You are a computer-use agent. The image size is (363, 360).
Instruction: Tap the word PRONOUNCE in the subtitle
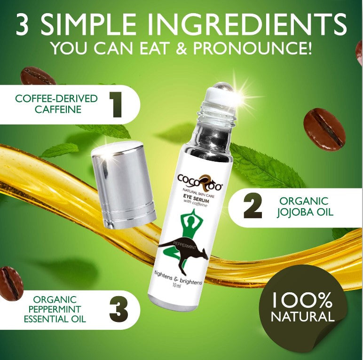click(252, 47)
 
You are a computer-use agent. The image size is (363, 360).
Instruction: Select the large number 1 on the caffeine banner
click(116, 105)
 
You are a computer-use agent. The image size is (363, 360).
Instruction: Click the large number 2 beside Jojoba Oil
click(253, 207)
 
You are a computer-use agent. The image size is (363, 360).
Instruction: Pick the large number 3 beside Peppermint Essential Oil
click(118, 310)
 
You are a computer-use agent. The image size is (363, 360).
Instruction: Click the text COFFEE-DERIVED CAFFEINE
click(56, 104)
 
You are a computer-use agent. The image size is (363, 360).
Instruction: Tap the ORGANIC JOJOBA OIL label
click(305, 207)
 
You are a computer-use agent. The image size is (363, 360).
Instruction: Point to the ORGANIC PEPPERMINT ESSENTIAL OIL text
click(55, 309)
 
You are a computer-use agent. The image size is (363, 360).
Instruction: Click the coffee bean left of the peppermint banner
click(10, 283)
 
